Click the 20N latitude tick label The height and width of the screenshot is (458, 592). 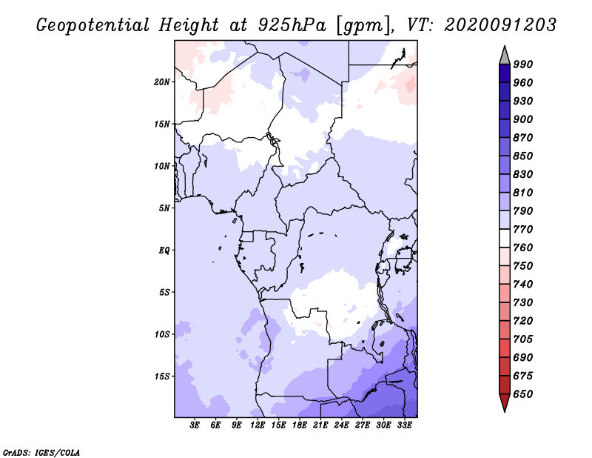(162, 82)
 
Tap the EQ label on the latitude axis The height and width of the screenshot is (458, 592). (164, 250)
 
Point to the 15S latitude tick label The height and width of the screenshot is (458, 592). (162, 376)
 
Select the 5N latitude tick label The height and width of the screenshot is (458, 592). (164, 208)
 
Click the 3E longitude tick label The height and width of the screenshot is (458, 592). (195, 425)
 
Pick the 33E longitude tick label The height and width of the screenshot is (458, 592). (404, 425)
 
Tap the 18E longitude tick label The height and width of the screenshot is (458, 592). (300, 425)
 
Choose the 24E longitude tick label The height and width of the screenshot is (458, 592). (342, 425)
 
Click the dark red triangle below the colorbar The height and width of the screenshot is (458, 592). (505, 403)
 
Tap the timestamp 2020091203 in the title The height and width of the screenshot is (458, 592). (500, 25)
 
